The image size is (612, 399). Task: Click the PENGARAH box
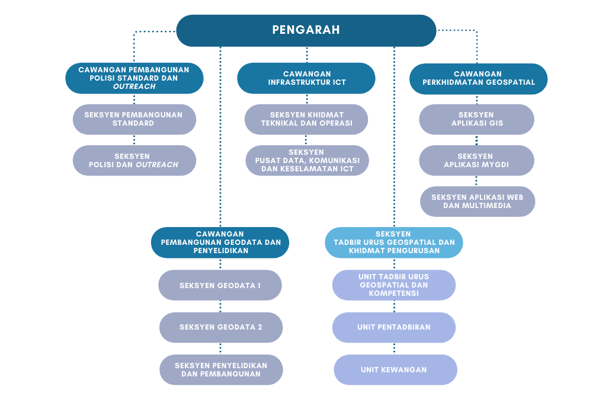pos(306,30)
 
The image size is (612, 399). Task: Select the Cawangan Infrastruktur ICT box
pos(306,78)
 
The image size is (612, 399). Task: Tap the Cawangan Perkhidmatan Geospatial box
pos(479,78)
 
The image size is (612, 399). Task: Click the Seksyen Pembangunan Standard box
pos(134,119)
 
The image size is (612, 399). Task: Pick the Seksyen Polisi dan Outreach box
pos(134,161)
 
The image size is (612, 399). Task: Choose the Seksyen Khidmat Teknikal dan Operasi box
pos(306,119)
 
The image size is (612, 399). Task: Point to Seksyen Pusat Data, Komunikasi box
pos(307,161)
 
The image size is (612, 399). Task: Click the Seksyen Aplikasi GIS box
pos(476,119)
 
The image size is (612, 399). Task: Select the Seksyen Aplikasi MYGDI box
pos(476,161)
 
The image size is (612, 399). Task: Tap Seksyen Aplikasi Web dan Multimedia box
pos(478,202)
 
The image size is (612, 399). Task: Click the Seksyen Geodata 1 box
pos(220,285)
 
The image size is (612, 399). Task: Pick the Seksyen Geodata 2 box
pos(221,327)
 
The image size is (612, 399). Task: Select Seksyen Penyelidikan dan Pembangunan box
pos(222,370)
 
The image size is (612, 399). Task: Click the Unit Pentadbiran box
pos(394,327)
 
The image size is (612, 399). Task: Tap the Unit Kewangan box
pos(395,370)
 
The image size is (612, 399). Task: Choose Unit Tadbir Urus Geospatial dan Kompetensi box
pos(394,285)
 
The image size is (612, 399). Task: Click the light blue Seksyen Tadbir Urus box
pos(394,242)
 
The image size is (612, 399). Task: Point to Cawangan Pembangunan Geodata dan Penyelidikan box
pos(220,242)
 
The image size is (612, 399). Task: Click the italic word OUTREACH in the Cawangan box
pos(134,87)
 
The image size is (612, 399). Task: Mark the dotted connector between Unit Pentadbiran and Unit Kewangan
pos(394,349)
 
